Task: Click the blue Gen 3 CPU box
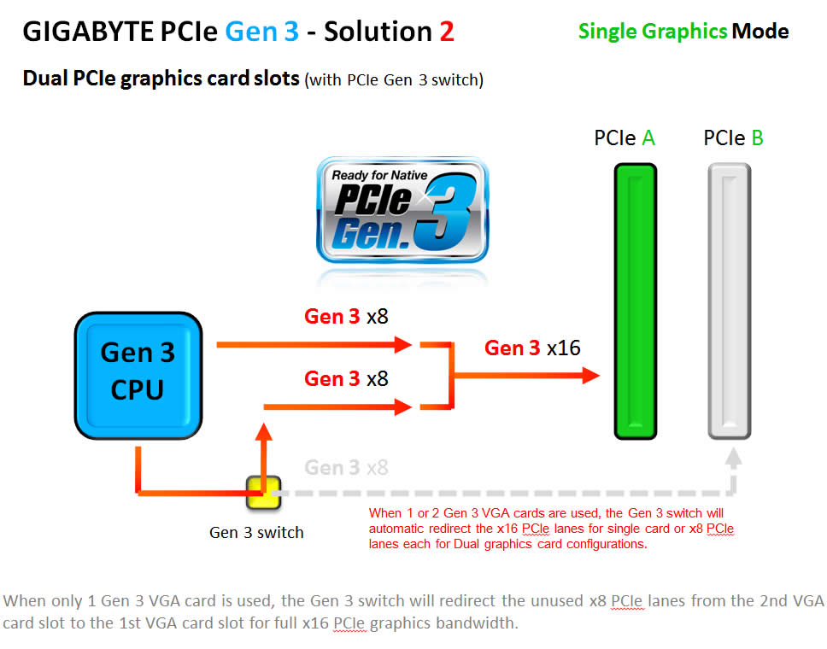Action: tap(138, 376)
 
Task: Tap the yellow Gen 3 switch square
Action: tap(264, 493)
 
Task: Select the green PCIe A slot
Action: tap(636, 301)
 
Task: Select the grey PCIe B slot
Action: tap(730, 301)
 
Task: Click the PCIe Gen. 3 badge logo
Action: tap(402, 210)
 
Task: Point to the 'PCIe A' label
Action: tap(625, 138)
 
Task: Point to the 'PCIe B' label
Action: tap(733, 138)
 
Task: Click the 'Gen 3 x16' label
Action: tap(532, 348)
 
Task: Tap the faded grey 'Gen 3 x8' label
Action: tap(346, 467)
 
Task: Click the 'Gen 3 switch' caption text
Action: tap(256, 533)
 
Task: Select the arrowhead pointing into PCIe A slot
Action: tap(591, 376)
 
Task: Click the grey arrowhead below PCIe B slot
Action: tap(733, 458)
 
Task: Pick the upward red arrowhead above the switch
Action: tap(264, 432)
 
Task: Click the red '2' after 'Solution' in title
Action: tap(447, 32)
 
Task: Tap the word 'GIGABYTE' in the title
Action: tap(87, 32)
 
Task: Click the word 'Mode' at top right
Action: tap(760, 31)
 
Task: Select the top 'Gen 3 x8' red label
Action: tap(346, 316)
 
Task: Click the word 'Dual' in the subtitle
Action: tap(44, 79)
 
